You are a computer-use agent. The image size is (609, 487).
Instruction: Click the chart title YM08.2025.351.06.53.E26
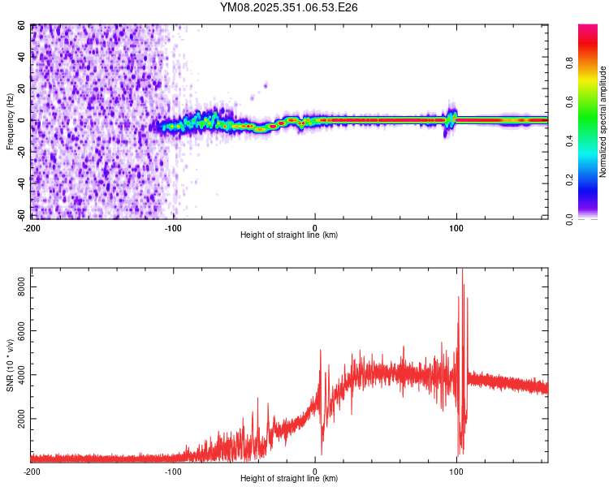click(289, 7)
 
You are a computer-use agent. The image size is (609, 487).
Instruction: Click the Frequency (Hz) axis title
click(11, 121)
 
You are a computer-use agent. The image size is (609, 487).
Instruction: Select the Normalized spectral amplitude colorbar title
click(603, 122)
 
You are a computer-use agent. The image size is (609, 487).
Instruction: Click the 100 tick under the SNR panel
click(456, 471)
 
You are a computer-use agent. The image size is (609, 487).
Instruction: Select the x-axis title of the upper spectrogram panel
click(289, 235)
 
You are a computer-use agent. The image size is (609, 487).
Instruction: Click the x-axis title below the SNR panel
click(289, 479)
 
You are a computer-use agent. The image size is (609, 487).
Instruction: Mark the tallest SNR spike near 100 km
click(462, 273)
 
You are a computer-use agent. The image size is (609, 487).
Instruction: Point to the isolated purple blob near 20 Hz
click(266, 84)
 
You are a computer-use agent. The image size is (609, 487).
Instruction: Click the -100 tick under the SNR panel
click(173, 471)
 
